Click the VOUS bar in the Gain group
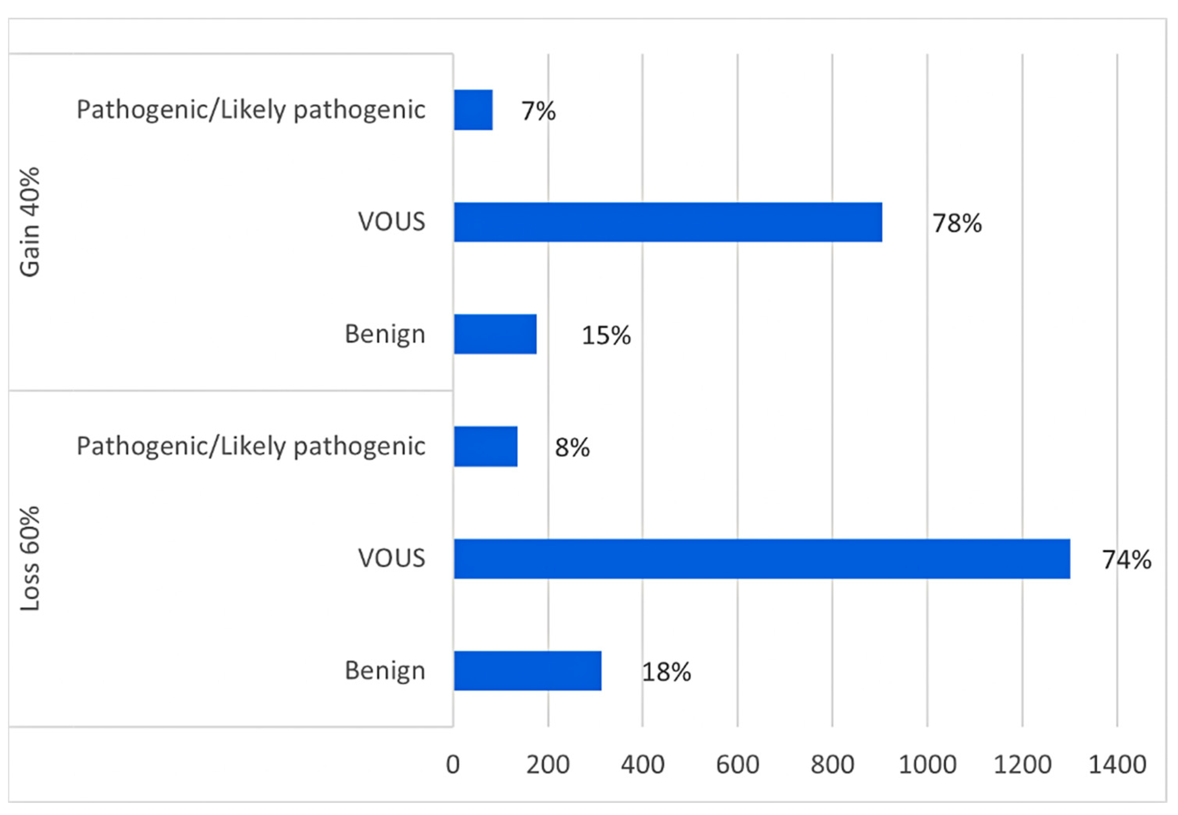coord(667,222)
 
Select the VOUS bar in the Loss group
coord(761,559)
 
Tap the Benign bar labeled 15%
coord(495,334)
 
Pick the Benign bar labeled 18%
coord(527,670)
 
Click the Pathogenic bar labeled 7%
coord(473,110)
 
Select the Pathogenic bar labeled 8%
coord(485,446)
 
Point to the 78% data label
coord(957,223)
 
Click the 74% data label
coord(1126,560)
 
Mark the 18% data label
coord(666,672)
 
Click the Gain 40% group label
coord(30,222)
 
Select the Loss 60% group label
coord(30,559)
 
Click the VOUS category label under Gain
coord(391,222)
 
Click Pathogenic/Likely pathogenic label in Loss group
coord(251,446)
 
